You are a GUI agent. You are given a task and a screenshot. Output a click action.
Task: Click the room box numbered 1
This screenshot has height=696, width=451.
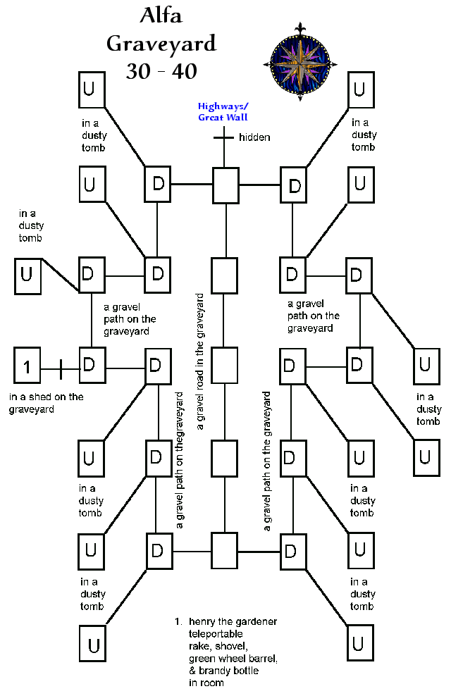pyautogui.click(x=27, y=367)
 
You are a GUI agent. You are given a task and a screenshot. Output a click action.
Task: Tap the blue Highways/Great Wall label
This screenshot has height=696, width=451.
pyautogui.click(x=223, y=112)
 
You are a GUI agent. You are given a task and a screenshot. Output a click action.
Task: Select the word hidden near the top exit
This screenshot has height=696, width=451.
pyautogui.click(x=254, y=137)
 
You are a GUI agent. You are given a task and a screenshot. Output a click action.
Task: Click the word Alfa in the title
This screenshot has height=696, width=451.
pyautogui.click(x=161, y=16)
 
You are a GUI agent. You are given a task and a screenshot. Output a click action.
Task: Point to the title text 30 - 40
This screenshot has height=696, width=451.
pyautogui.click(x=161, y=70)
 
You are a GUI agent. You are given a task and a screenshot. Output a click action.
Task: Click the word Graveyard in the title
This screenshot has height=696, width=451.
pyautogui.click(x=161, y=44)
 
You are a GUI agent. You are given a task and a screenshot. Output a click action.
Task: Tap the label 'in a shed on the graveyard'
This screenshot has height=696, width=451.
pyautogui.click(x=46, y=403)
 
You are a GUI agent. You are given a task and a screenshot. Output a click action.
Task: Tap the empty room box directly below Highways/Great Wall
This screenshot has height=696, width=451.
pyautogui.click(x=225, y=186)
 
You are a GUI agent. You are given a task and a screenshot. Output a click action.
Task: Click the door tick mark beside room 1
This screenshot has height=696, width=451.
pyautogui.click(x=60, y=368)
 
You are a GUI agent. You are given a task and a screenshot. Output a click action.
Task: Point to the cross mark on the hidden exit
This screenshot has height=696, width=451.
pyautogui.click(x=223, y=137)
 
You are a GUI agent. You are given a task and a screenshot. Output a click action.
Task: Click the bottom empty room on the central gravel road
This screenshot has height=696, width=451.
pyautogui.click(x=225, y=550)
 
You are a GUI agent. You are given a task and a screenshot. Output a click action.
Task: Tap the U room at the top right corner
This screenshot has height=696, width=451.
pyautogui.click(x=359, y=89)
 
